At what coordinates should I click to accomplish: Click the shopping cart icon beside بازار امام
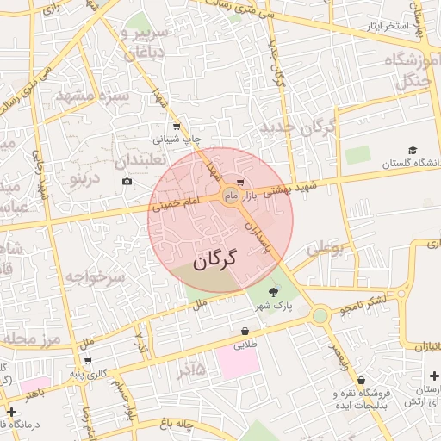(240, 183)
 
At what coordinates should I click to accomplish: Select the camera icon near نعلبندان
(127, 181)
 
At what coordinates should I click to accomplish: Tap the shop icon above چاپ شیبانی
(177, 127)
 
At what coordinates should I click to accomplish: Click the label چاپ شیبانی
(177, 139)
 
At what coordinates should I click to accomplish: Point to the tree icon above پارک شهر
(275, 291)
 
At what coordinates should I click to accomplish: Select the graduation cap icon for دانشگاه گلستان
(413, 149)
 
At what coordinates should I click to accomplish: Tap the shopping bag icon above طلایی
(245, 331)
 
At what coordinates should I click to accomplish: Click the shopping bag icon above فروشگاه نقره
(361, 380)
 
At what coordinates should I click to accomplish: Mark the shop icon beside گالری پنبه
(88, 361)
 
